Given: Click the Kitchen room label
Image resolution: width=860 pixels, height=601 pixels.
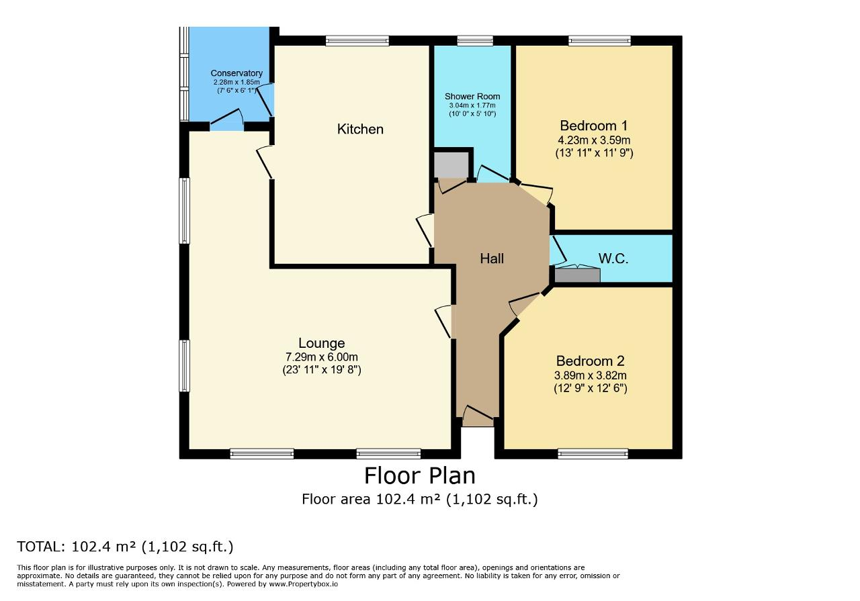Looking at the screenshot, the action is (360, 129).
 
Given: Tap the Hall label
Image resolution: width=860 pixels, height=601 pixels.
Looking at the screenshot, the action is (492, 259).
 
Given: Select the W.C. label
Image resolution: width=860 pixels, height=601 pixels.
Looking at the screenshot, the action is (613, 259).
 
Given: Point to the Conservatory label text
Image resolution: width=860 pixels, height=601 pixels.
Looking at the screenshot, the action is (236, 73).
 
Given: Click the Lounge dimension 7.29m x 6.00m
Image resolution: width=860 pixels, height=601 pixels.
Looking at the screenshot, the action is (322, 357).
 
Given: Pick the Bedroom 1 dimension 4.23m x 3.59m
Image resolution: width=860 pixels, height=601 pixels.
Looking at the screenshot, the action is (594, 140).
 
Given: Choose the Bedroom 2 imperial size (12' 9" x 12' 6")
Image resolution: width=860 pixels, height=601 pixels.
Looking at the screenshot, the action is (591, 388).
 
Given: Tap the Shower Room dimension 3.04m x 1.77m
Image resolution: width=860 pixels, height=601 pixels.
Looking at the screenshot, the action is (472, 105).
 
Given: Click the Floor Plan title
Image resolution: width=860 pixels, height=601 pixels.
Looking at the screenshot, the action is (420, 475).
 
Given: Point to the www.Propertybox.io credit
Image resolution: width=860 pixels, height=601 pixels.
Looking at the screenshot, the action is (303, 584).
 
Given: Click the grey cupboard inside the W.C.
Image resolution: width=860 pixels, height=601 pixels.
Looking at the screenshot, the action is (577, 275).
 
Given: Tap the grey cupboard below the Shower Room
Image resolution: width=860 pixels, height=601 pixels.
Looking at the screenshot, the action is (451, 165).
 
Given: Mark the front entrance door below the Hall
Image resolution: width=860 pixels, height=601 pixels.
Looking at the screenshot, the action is (478, 416).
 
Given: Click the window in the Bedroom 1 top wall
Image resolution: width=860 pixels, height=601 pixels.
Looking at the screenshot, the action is (599, 40).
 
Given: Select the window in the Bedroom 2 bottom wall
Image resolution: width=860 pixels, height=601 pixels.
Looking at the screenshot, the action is (593, 454).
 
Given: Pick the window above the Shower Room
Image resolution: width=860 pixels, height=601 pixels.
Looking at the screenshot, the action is (475, 40).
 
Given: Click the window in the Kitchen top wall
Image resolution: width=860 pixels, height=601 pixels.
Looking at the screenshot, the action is (357, 40).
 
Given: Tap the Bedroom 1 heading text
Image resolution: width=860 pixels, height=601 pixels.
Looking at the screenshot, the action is (593, 126).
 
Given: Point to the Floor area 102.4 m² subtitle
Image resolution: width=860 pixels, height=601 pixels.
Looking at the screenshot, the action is (420, 499).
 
